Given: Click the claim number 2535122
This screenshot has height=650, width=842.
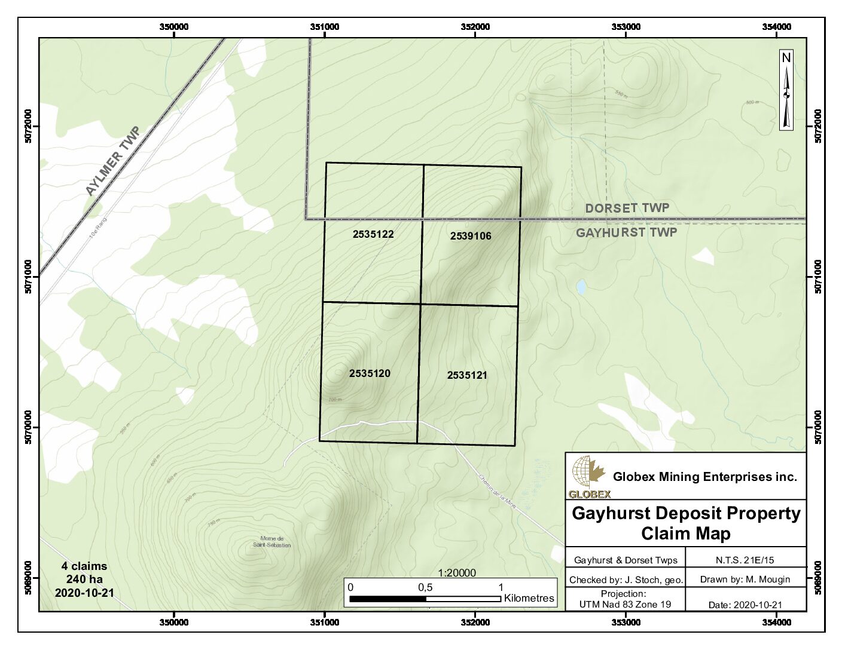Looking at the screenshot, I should point(373,234).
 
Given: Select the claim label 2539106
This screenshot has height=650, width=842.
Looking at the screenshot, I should point(471,236).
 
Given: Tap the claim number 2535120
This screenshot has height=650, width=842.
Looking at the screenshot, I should point(370,373).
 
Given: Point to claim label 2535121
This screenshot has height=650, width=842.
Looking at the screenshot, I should point(467,375).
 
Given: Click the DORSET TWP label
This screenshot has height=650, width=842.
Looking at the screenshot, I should point(627,208).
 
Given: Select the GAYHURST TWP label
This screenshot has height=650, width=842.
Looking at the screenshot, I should point(626,232).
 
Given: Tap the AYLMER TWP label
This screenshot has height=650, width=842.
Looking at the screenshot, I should point(112,161).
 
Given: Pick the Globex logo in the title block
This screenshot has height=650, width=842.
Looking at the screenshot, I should point(588,477).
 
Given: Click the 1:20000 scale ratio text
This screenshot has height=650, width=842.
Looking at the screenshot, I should point(457,573).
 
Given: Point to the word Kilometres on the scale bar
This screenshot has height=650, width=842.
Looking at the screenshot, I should point(529,598).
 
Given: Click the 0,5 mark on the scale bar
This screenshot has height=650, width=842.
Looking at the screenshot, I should point(425,587).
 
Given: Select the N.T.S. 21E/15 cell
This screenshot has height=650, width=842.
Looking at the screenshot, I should point(745,560).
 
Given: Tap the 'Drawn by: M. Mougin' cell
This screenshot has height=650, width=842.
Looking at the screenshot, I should point(745,579).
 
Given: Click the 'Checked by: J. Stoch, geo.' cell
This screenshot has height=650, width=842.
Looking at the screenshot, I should point(626,580).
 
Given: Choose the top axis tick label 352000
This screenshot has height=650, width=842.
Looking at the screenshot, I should point(475,27).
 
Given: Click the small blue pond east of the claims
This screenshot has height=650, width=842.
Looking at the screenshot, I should point(581,287).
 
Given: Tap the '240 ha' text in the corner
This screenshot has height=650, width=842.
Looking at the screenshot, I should point(84,579).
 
